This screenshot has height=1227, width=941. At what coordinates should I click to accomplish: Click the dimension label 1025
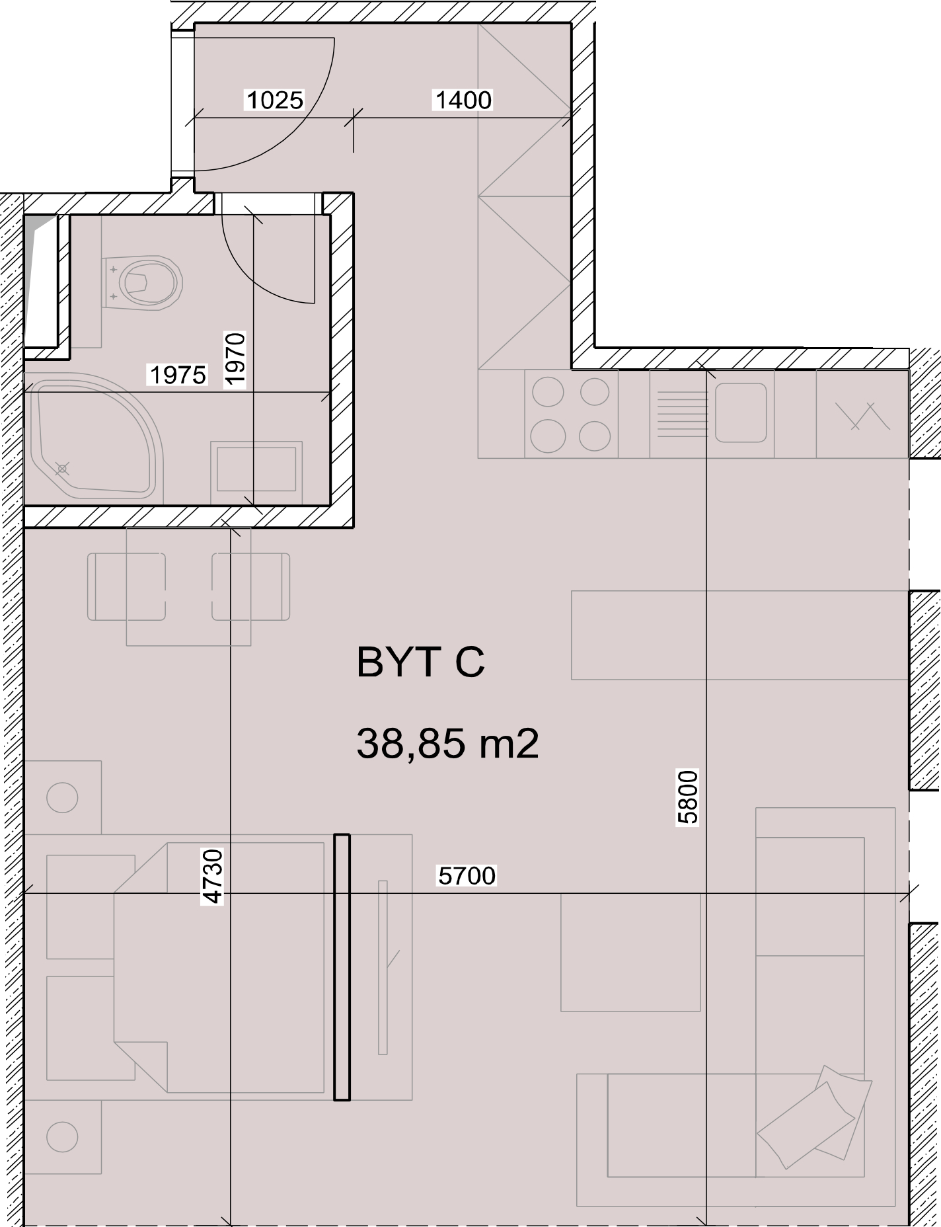[274, 100]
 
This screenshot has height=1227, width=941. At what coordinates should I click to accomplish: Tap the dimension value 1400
[463, 100]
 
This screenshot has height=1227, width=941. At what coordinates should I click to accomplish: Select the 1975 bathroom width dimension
[178, 375]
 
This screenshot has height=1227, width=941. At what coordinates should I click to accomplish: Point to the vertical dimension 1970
[235, 358]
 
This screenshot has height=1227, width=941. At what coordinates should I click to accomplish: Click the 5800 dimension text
[688, 797]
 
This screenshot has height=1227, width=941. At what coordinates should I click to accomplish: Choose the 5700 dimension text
[467, 876]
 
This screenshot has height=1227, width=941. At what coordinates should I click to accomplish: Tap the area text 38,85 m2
[447, 743]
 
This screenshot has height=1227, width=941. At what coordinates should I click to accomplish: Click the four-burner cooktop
[571, 414]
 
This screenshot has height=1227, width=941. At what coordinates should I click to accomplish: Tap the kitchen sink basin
[740, 413]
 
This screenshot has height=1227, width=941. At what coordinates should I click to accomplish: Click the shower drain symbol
[62, 469]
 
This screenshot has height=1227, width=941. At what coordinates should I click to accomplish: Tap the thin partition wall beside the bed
[342, 967]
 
